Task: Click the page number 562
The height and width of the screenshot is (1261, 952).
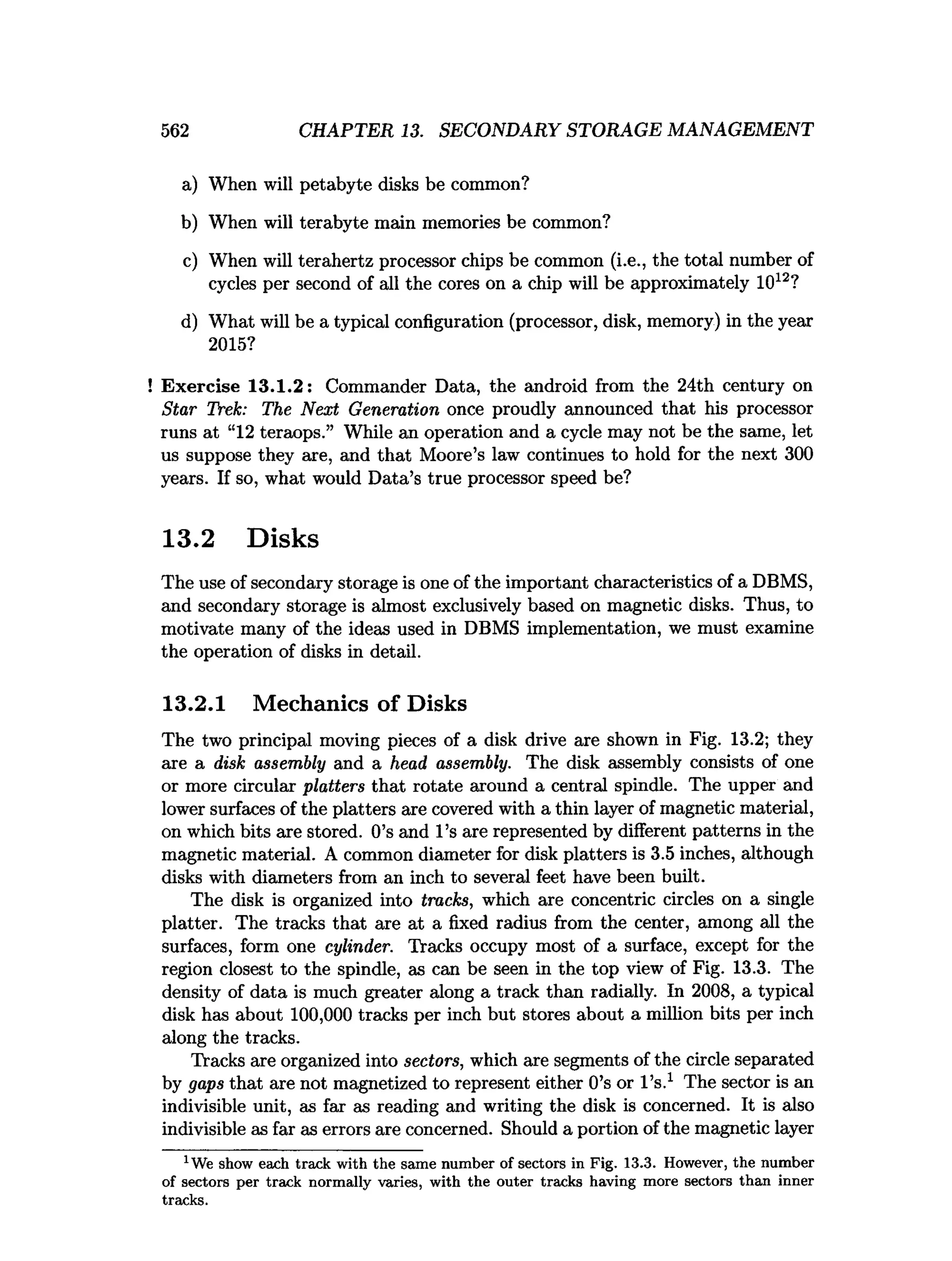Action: (174, 131)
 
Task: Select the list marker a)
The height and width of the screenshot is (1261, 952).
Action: (189, 185)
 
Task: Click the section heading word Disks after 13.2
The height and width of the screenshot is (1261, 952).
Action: (283, 539)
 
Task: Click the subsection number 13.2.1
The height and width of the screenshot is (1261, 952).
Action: (194, 703)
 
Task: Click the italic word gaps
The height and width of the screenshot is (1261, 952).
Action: (205, 1084)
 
